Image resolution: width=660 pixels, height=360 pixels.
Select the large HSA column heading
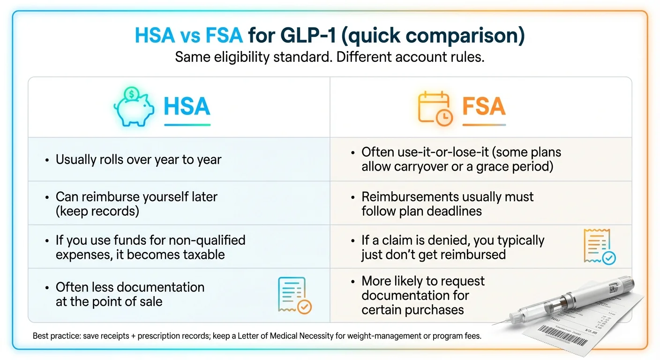click(x=187, y=106)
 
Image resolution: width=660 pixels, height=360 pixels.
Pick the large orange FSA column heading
click(x=484, y=106)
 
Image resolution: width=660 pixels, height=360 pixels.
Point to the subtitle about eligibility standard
click(x=330, y=57)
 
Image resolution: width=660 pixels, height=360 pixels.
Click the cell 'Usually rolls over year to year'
click(x=138, y=159)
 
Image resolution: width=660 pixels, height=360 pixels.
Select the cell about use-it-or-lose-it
click(x=461, y=159)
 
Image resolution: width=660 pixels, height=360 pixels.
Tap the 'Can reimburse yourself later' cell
click(x=136, y=203)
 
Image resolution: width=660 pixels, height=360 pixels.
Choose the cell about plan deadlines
click(x=447, y=203)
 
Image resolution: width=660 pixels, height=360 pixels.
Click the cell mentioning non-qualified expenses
click(x=150, y=247)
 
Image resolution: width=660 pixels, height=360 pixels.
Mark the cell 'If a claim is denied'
click(x=452, y=247)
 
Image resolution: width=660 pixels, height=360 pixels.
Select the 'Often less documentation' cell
click(x=130, y=294)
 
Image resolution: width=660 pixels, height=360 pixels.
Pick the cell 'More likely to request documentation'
click(x=423, y=295)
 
